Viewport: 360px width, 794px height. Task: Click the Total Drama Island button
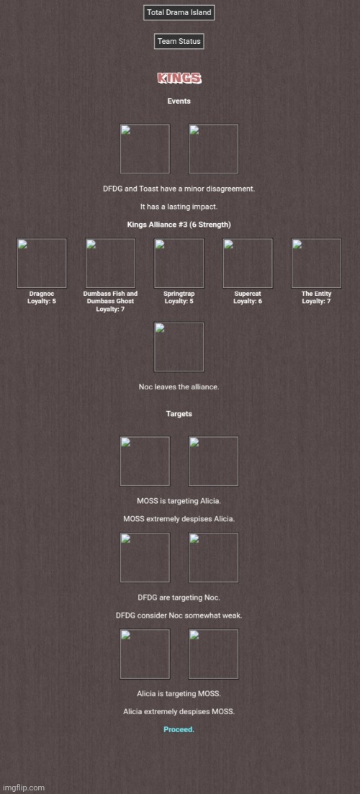tap(179, 13)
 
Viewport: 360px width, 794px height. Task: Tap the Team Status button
tap(179, 42)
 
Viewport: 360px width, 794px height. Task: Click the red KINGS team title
tap(179, 78)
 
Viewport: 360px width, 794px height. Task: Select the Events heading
tap(179, 101)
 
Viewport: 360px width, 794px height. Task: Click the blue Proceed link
tap(179, 730)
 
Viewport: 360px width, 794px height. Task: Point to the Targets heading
tap(179, 414)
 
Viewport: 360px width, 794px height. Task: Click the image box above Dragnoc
tap(42, 263)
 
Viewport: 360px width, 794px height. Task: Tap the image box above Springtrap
tap(179, 263)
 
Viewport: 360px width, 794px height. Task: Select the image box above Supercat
tap(248, 263)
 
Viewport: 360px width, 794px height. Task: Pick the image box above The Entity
tap(317, 263)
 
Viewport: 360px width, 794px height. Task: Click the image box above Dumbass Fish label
tap(110, 263)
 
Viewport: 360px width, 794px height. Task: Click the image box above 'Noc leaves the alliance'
tap(179, 347)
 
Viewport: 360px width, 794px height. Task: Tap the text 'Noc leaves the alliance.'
tap(179, 387)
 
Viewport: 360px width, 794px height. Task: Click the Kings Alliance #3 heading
tap(179, 225)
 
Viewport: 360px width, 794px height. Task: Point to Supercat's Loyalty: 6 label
tap(248, 302)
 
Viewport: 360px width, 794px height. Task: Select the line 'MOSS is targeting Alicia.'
tap(179, 501)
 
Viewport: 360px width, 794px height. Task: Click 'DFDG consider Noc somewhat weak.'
tap(179, 615)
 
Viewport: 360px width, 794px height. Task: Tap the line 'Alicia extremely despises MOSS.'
tap(179, 711)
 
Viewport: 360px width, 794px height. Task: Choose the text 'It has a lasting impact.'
tap(179, 207)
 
